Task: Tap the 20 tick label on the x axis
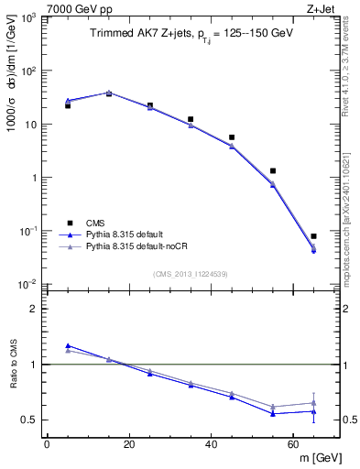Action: [128, 442]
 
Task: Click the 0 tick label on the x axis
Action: [47, 442]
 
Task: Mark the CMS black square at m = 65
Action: [313, 236]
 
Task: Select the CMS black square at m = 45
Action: [232, 137]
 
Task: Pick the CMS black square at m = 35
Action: [191, 119]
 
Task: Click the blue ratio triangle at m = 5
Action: [68, 345]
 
